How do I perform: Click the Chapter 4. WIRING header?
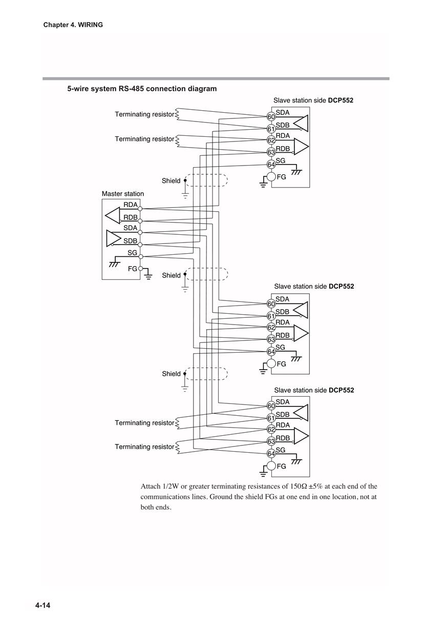click(73, 25)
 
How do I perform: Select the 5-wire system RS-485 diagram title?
click(142, 89)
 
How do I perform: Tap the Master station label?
click(123, 194)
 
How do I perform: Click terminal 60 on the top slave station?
click(271, 116)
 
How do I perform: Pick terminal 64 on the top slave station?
click(271, 164)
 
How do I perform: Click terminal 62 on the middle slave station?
click(271, 328)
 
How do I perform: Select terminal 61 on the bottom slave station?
click(271, 418)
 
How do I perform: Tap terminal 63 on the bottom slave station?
click(271, 441)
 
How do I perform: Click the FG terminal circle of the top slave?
click(271, 177)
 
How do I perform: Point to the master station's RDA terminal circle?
click(140, 209)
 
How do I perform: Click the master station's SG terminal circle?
click(141, 256)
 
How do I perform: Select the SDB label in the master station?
click(131, 241)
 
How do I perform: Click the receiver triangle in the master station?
click(112, 216)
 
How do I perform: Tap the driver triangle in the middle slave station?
click(301, 310)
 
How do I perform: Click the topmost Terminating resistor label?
click(144, 114)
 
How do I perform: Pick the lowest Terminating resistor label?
click(144, 447)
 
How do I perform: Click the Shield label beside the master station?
click(171, 275)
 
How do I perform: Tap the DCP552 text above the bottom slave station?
click(342, 390)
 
